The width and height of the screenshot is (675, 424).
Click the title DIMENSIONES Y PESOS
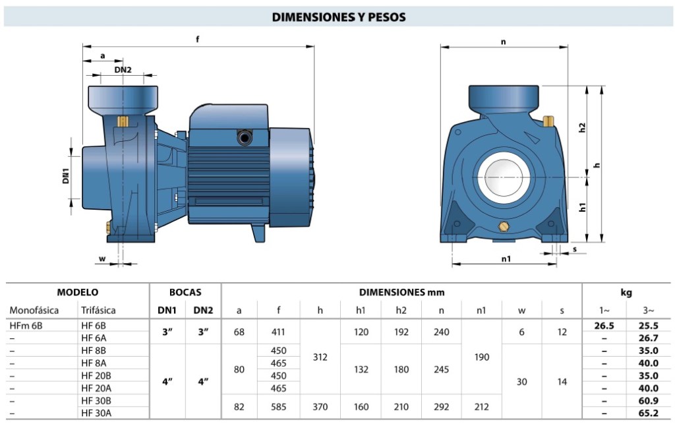[x=338, y=16]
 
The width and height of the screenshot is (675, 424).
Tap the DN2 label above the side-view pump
[x=123, y=69]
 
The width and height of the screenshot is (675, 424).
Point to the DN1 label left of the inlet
[x=65, y=175]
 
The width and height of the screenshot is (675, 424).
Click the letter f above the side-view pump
[x=198, y=39]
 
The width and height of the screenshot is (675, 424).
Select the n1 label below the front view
[x=506, y=258]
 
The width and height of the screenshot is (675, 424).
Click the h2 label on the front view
[x=582, y=127]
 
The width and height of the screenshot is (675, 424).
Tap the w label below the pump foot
[x=102, y=258]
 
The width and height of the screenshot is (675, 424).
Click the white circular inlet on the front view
[x=503, y=177]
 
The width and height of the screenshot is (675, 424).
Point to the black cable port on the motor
[x=245, y=138]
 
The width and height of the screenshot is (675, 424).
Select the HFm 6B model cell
[x=26, y=326]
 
